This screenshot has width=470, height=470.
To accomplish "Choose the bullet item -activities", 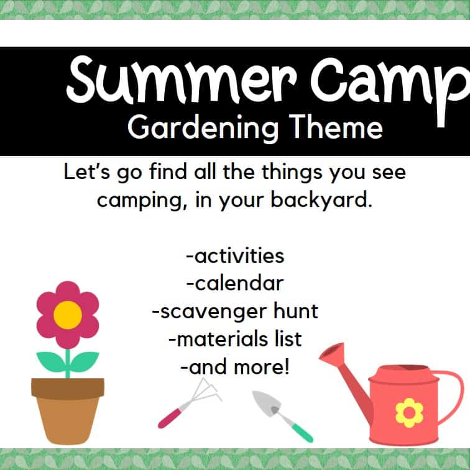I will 234,256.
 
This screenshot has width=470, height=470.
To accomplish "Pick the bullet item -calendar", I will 234,283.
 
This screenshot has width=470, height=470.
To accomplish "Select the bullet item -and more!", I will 234,367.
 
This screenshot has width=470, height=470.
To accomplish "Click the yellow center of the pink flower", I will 67,315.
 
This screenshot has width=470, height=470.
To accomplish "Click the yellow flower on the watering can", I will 409,412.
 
